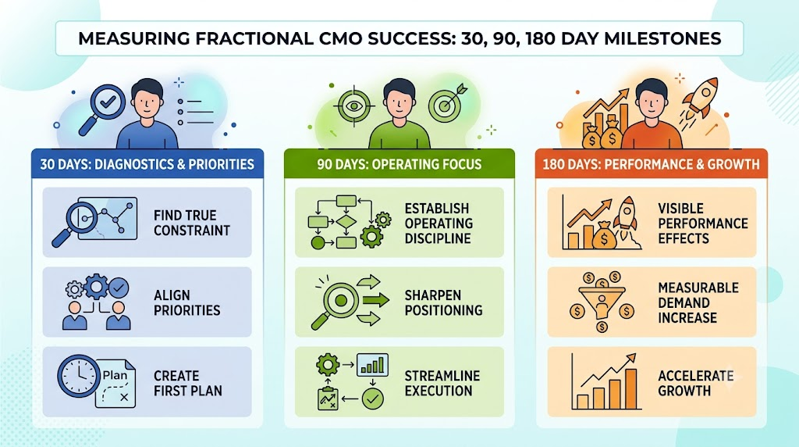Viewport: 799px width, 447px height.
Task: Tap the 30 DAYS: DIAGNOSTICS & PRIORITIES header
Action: pyautogui.click(x=147, y=164)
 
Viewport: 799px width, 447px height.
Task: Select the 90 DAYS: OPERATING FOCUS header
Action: pyautogui.click(x=399, y=164)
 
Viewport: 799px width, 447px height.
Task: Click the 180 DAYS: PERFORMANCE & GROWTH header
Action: pyautogui.click(x=651, y=164)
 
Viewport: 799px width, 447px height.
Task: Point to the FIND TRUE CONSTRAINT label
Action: pyautogui.click(x=192, y=223)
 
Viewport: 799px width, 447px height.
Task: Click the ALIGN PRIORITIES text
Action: pyautogui.click(x=187, y=302)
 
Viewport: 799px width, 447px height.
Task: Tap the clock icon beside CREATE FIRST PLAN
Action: pyautogui.click(x=79, y=376)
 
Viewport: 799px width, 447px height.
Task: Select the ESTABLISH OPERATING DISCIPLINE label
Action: pyautogui.click(x=439, y=223)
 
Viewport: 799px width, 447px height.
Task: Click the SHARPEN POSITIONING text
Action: pyautogui.click(x=443, y=302)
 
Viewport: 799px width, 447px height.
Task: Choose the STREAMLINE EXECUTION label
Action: pyautogui.click(x=442, y=383)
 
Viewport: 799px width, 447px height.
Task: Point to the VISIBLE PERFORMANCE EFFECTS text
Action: pyautogui.click(x=703, y=223)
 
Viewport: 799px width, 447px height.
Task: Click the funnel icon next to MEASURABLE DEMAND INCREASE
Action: pyautogui.click(x=602, y=301)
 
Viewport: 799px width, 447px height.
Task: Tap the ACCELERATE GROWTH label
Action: pyautogui.click(x=695, y=383)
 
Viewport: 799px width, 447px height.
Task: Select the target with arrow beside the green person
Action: pyautogui.click(x=447, y=104)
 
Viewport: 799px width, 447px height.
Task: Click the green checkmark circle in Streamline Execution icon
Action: pyautogui.click(x=372, y=399)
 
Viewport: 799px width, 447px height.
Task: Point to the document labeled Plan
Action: pyautogui.click(x=115, y=384)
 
